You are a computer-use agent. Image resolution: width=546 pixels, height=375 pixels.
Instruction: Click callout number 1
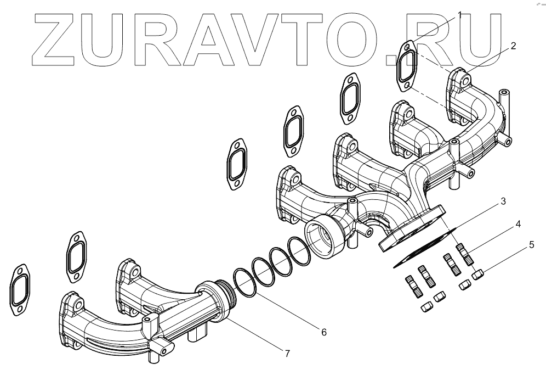click(x=460, y=15)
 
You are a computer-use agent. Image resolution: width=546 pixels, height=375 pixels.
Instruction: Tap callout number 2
click(x=513, y=46)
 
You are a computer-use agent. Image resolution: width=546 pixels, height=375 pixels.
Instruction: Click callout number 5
click(x=531, y=244)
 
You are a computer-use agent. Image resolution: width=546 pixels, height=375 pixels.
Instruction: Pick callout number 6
click(x=323, y=332)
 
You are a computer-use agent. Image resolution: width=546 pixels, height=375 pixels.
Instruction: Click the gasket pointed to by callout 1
click(x=406, y=66)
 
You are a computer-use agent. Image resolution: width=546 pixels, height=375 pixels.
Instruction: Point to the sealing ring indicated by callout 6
click(x=244, y=281)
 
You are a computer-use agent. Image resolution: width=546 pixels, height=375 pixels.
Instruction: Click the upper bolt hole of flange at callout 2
click(x=465, y=81)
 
